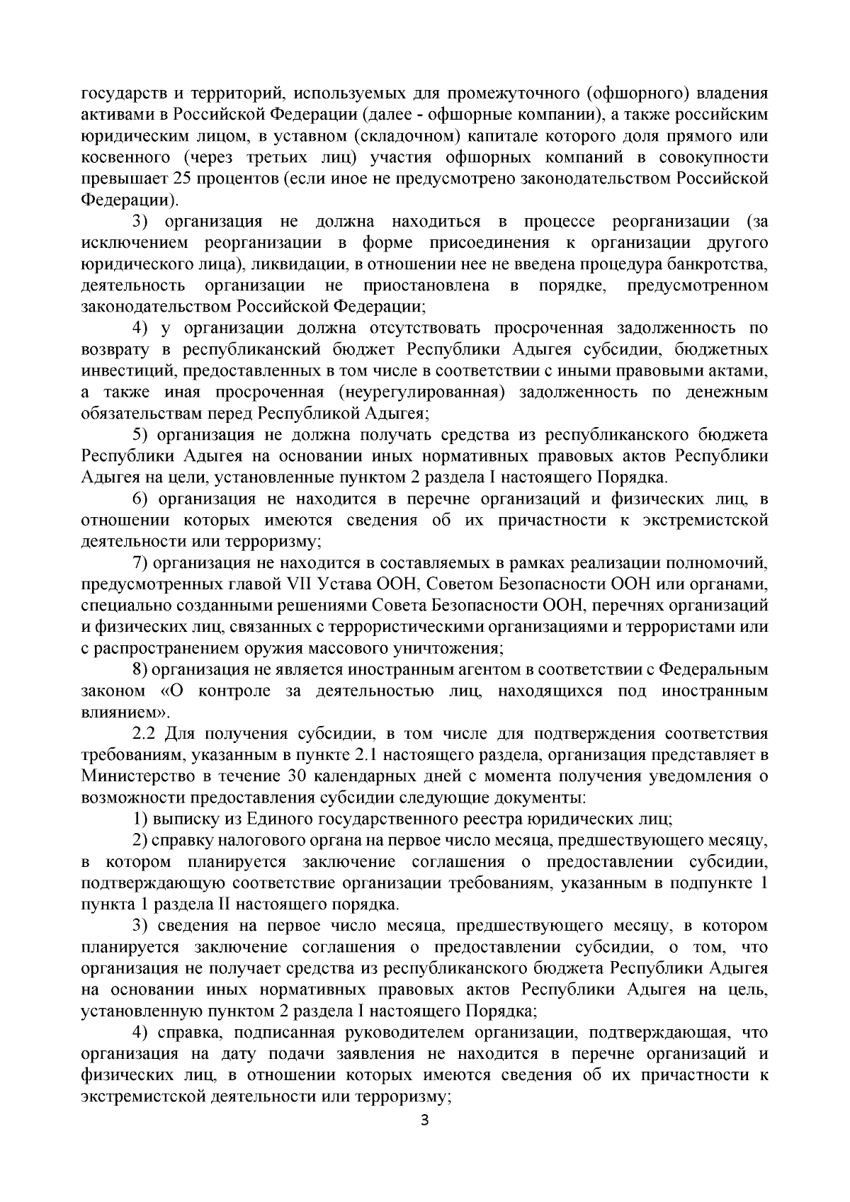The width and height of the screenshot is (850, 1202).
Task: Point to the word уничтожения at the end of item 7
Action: click(458, 648)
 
